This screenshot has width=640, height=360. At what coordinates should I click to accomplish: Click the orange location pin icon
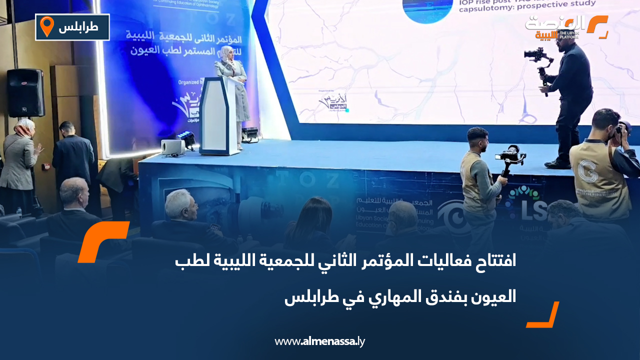pos(46,26)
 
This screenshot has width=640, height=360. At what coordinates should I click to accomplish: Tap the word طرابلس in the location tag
pos(78,27)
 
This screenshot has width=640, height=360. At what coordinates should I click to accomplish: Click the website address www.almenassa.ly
pos(320,341)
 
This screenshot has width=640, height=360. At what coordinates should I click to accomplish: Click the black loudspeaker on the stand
pos(25,93)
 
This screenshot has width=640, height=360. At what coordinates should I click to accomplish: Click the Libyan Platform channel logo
pos(566,27)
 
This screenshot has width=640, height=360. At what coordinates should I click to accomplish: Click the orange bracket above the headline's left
pos(103,241)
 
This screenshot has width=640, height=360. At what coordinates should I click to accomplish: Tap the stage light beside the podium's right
pos(249,134)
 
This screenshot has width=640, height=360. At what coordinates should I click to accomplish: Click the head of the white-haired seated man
pos(178,202)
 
